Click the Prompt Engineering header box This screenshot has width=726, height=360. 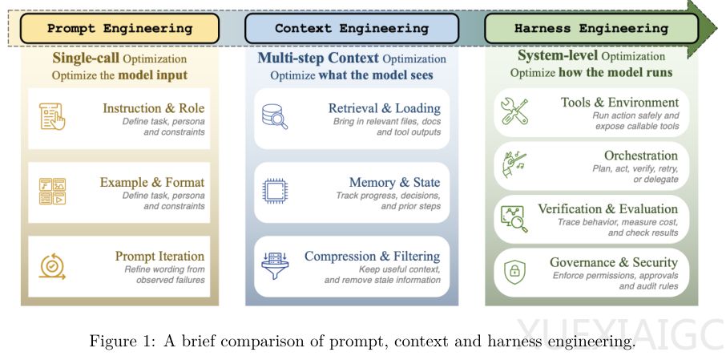coord(119,28)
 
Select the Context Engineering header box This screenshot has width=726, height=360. coord(352,28)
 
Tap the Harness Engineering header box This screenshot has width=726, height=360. coord(591,28)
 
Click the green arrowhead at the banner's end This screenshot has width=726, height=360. coord(703,28)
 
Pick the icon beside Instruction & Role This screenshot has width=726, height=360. coord(52,116)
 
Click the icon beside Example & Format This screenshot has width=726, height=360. coord(52,192)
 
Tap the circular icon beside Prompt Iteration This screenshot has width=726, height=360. coord(51,266)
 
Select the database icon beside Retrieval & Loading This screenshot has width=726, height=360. coord(275,116)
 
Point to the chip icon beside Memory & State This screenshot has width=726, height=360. coord(275,192)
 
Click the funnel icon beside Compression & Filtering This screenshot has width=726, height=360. coord(275,265)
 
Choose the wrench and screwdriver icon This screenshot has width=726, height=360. coord(515,111)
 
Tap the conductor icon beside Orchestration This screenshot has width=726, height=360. coord(513,165)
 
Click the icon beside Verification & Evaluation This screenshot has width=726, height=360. coord(514,219)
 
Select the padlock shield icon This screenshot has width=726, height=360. coord(514,271)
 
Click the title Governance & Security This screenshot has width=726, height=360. coord(614,263)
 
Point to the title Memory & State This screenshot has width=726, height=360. coord(394,183)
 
